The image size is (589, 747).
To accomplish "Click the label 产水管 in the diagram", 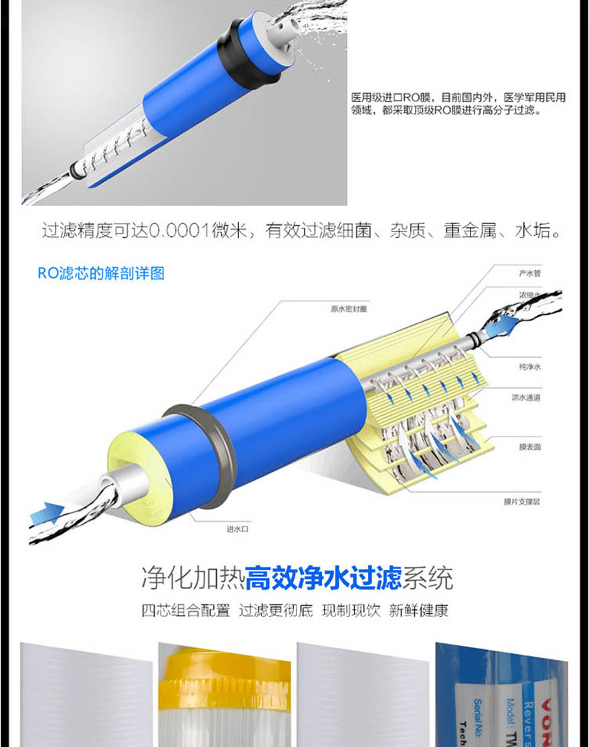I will tap(529, 273).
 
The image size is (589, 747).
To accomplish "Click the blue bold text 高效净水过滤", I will tap(323, 577).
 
